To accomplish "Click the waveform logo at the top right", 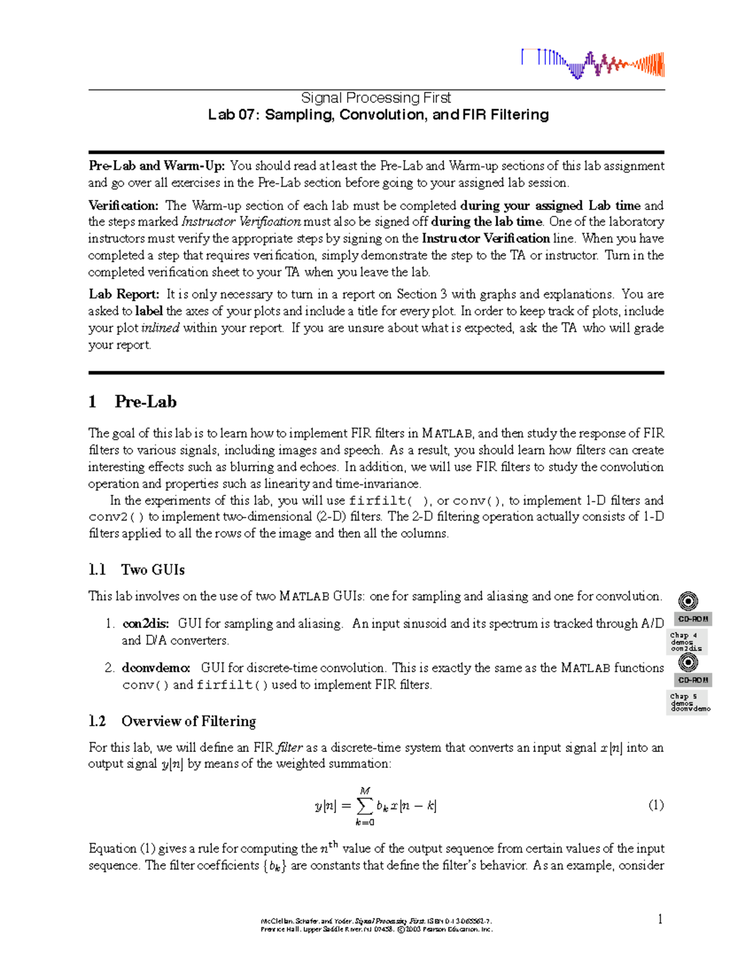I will point(592,64).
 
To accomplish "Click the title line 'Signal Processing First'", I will point(376,98).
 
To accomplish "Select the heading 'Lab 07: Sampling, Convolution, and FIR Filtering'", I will point(378,115).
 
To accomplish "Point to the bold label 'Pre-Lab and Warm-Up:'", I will point(156,166).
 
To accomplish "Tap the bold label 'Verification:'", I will point(123,206).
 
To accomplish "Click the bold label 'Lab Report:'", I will point(124,294).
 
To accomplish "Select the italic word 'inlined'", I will point(161,328).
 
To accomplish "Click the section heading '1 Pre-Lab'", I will point(132,402).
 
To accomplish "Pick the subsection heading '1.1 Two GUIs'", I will point(136,570).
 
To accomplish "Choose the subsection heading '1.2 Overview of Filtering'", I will point(172,721).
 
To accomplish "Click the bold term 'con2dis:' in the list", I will point(146,624).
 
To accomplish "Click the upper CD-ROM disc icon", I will point(688,601).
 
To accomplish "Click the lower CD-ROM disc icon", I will point(688,662).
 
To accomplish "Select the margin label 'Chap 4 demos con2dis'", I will point(686,642).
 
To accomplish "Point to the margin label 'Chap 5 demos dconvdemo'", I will point(689,702).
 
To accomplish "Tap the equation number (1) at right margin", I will point(655,805).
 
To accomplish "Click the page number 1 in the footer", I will point(660,919).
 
